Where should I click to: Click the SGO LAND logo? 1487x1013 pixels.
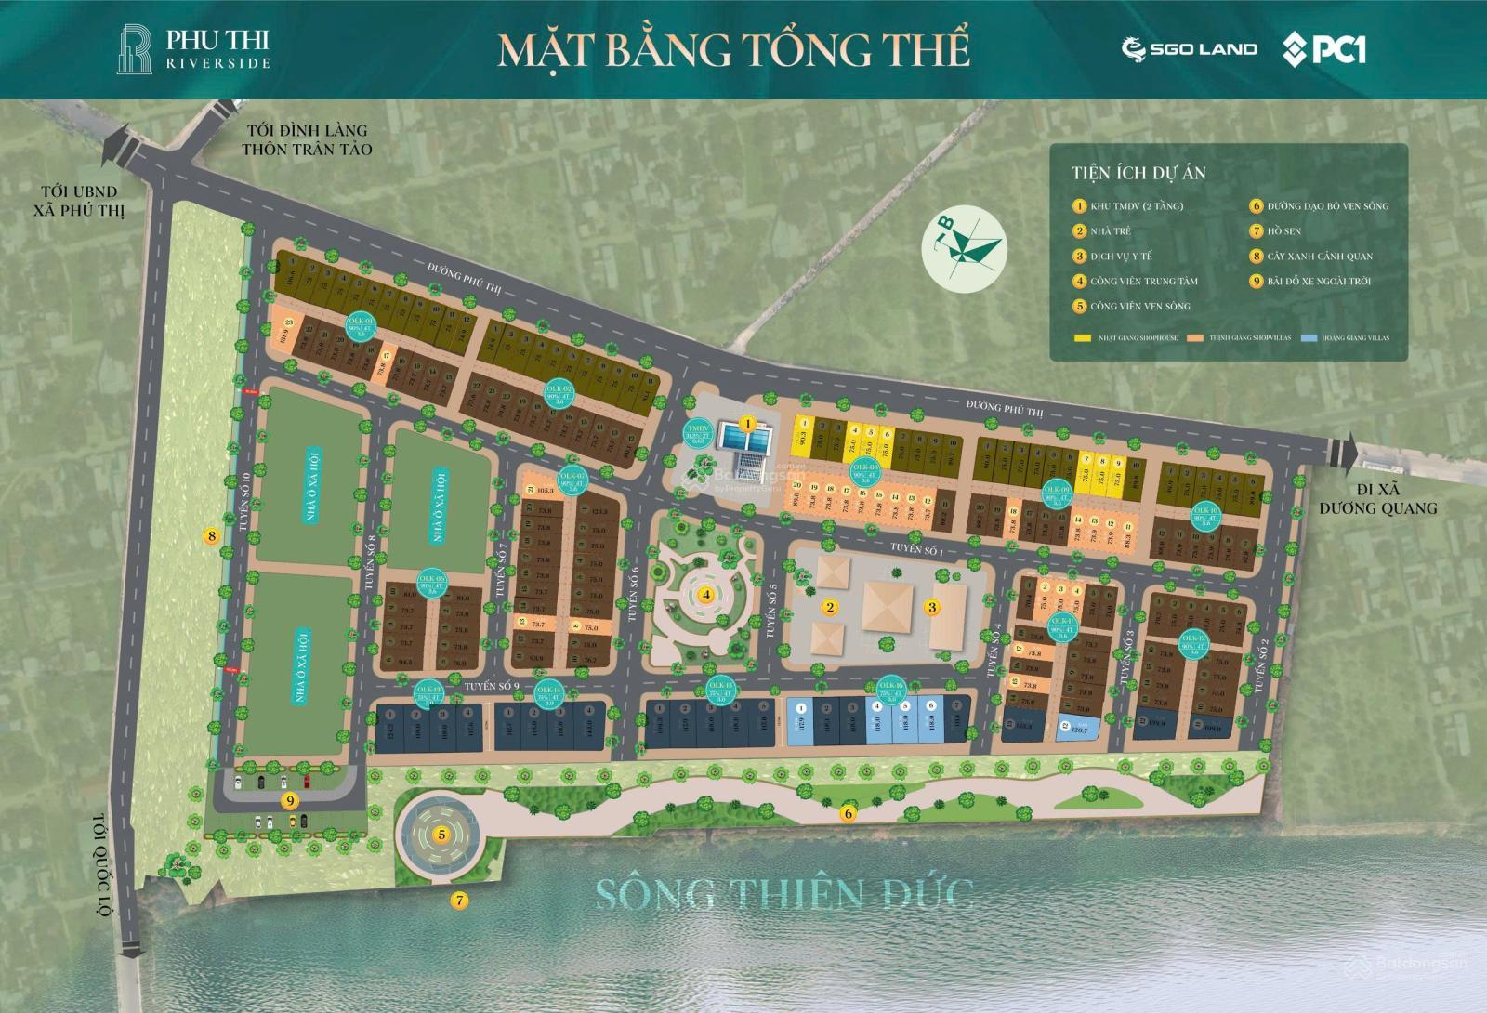point(1189,48)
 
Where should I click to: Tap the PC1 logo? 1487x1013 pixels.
point(1324,48)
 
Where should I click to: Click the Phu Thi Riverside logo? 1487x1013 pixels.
point(194,49)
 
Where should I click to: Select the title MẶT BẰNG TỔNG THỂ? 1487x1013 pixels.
point(733,51)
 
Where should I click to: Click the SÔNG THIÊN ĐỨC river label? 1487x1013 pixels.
point(784,894)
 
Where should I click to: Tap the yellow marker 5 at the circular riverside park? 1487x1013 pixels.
point(442,835)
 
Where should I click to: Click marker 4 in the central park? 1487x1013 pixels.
point(706,595)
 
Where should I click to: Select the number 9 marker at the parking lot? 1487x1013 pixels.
point(290,799)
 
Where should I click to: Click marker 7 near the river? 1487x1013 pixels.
point(457,900)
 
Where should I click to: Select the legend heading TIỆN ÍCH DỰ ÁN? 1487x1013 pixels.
point(1138,173)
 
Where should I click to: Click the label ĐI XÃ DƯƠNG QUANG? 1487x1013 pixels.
point(1378,499)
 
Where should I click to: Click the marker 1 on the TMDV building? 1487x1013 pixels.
point(745,425)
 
